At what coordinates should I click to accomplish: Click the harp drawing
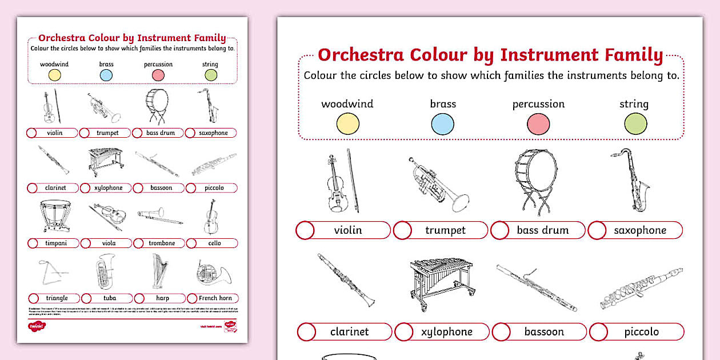tap(161, 271)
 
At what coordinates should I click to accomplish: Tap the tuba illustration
tap(106, 271)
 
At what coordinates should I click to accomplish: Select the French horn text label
tap(215, 298)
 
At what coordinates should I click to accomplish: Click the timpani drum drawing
tap(55, 216)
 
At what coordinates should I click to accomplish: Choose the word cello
tap(214, 243)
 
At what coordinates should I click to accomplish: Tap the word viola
tap(109, 243)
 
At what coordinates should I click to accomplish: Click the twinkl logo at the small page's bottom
tap(36, 326)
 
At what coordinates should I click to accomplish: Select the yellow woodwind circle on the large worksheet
tap(347, 124)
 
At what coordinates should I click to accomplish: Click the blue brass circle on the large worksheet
tap(442, 124)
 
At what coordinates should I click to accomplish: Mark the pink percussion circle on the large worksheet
tap(538, 124)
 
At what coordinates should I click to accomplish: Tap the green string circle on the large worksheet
tap(635, 124)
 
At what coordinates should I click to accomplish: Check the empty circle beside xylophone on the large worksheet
tap(403, 332)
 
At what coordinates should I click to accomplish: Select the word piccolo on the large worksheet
tap(641, 332)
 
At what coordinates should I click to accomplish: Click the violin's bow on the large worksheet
tap(353, 181)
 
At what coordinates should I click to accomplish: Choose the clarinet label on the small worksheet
tap(55, 188)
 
